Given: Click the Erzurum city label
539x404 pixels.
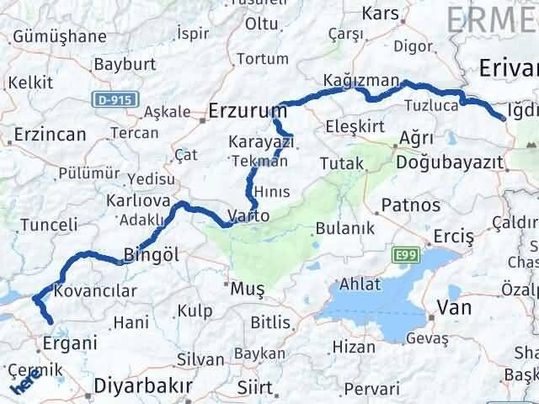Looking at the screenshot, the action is [248, 111].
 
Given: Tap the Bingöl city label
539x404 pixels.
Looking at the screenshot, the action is [152, 252].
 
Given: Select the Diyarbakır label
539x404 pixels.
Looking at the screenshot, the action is [144, 386].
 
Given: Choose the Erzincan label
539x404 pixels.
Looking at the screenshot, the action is [50, 135].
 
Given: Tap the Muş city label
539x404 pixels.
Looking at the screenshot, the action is [248, 290].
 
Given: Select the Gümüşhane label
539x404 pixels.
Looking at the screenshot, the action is [58, 36].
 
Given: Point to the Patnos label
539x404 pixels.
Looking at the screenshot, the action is [410, 205].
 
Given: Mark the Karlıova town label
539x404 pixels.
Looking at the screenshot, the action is [138, 201].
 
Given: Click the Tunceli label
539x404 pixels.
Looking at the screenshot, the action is [49, 225].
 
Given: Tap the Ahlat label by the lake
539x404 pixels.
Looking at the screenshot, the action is [360, 284].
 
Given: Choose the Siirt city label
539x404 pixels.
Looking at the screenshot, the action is [255, 388].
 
